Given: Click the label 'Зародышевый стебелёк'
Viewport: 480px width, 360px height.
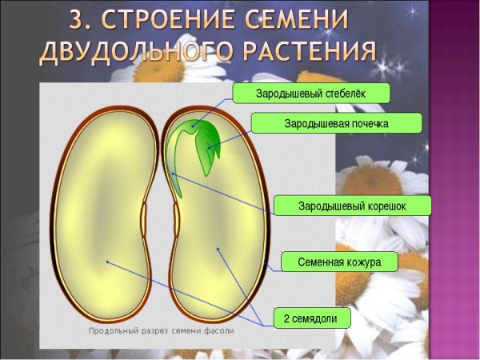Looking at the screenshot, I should click(x=310, y=94).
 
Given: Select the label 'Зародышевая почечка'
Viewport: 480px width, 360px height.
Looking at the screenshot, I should click(x=335, y=124).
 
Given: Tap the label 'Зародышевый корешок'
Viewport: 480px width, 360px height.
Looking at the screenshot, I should click(x=352, y=206).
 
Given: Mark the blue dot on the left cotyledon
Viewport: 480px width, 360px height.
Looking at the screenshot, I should click(x=106, y=262).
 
